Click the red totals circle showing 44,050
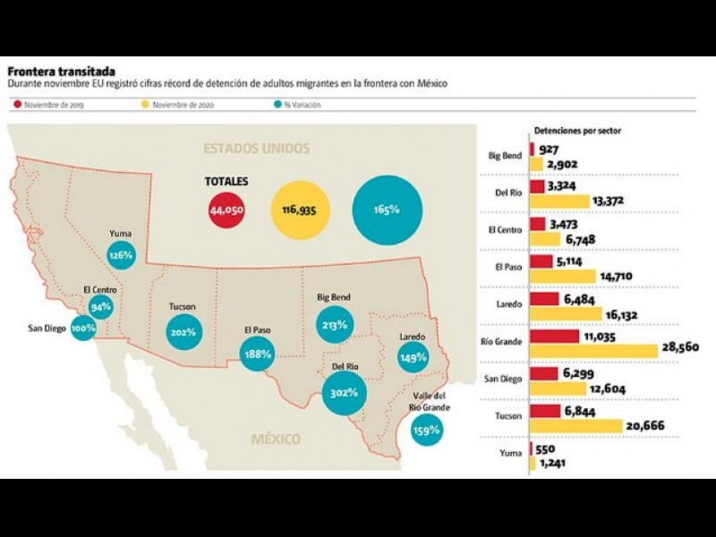click(x=226, y=210)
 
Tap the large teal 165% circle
click(x=387, y=209)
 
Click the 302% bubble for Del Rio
click(x=345, y=392)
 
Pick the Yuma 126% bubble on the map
click(x=121, y=255)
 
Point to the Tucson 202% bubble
click(x=182, y=333)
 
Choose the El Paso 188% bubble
click(x=258, y=354)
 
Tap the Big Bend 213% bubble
click(x=335, y=325)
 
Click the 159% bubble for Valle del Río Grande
click(x=427, y=430)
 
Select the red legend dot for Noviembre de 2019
click(x=18, y=105)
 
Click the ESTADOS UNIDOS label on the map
click(x=256, y=148)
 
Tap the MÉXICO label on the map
click(x=276, y=439)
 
